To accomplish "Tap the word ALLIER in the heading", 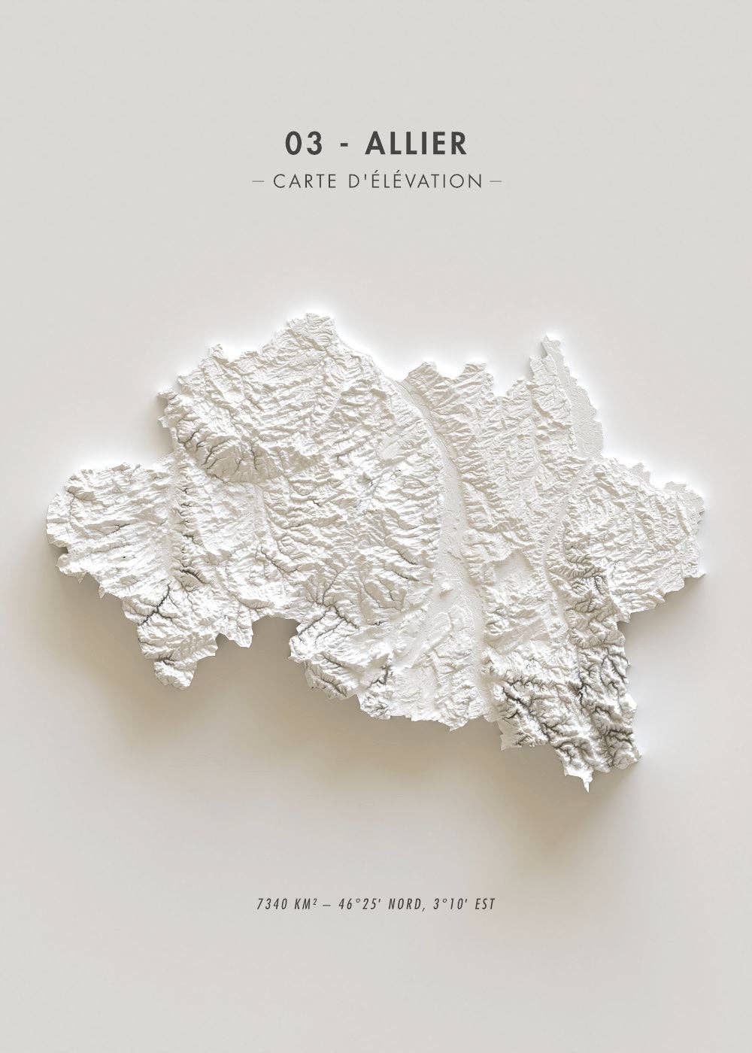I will [415, 144].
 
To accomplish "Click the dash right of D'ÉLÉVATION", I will [495, 181].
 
